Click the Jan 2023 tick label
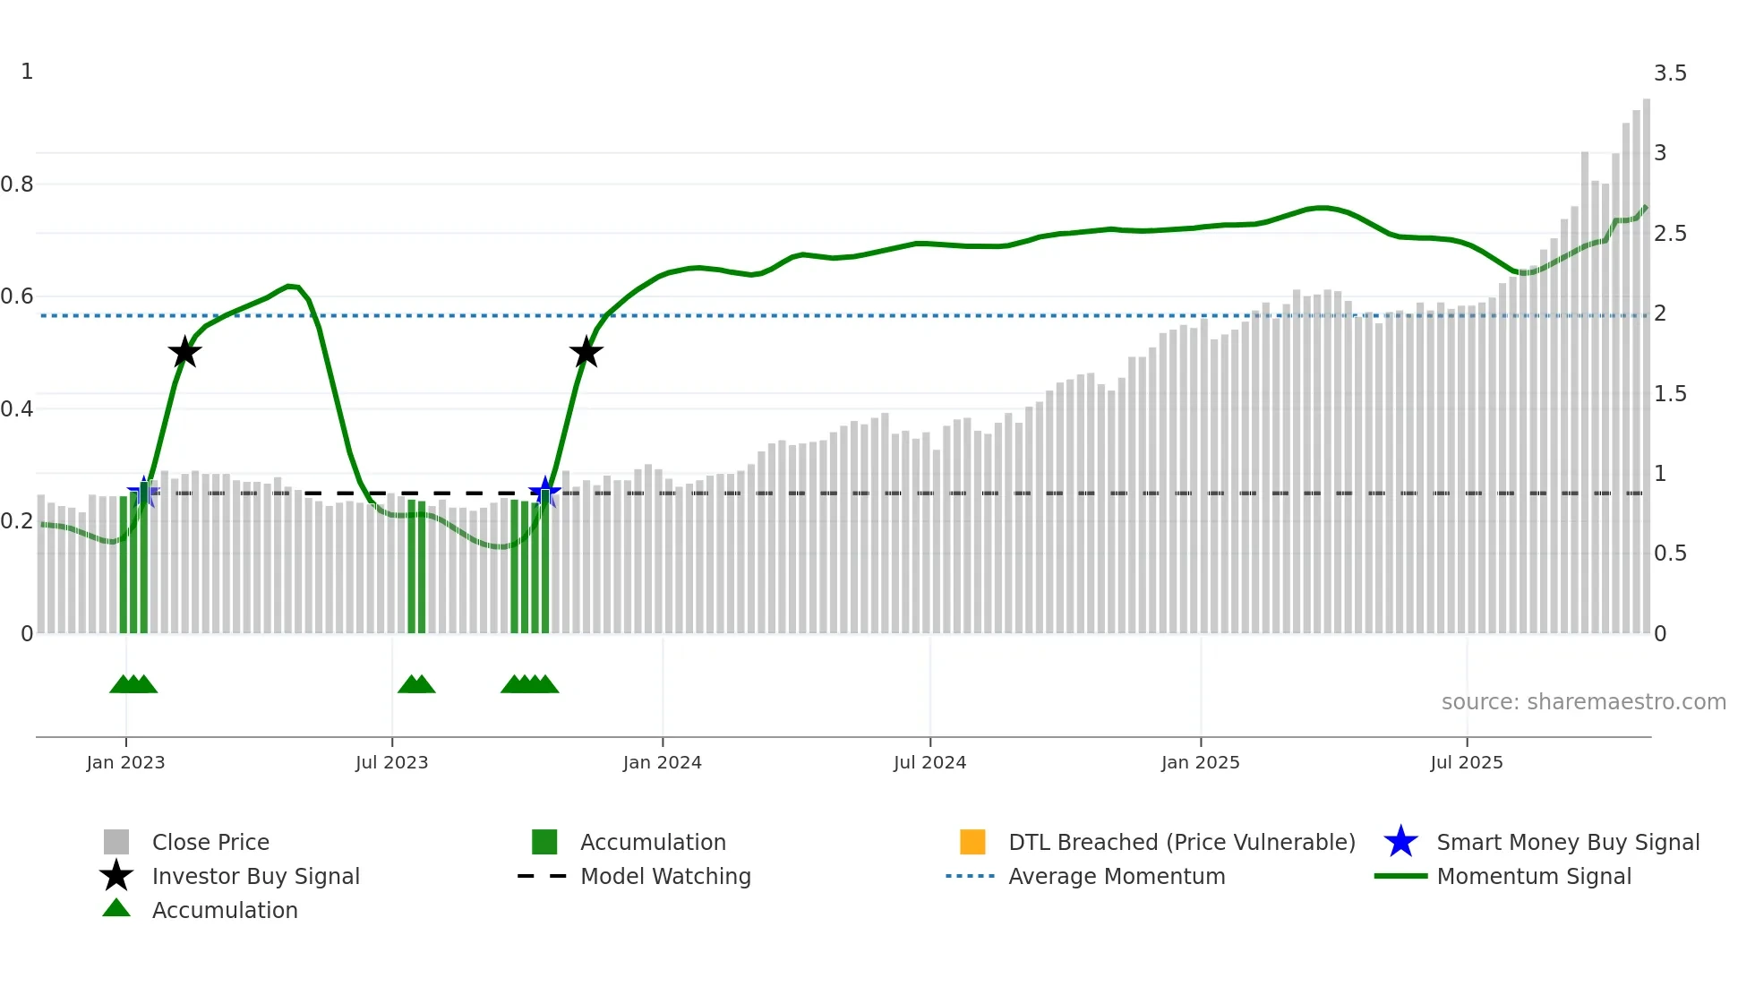[x=125, y=763]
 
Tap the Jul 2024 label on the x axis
[x=929, y=763]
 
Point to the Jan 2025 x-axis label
[x=1200, y=763]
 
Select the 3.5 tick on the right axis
[x=1670, y=73]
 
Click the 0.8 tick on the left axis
[x=17, y=185]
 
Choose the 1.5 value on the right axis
[x=1670, y=394]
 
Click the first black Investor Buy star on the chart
[x=184, y=353]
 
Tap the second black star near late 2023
[x=586, y=353]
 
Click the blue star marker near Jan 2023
[x=143, y=492]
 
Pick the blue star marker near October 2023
[x=544, y=492]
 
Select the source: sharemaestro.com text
[x=1583, y=702]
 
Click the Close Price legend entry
[x=210, y=843]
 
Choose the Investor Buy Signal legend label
[x=255, y=877]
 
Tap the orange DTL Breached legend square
[x=972, y=842]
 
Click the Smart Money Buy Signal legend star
[x=1400, y=842]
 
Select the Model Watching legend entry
[x=665, y=877]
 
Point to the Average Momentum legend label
[x=1117, y=877]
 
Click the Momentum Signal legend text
[x=1534, y=877]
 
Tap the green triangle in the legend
[x=116, y=908]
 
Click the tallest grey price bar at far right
[x=1647, y=358]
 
